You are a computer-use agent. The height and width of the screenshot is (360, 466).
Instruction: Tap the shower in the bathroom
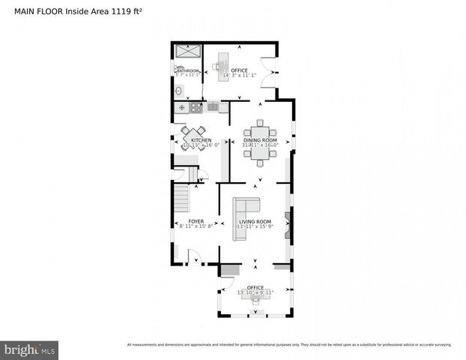pos(187,52)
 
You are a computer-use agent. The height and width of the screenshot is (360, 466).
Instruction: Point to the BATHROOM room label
pos(187,71)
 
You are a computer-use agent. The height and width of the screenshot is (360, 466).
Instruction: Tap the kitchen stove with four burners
pos(196,107)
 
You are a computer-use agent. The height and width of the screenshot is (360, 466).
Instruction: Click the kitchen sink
pos(213,107)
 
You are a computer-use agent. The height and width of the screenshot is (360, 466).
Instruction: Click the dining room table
pos(260,142)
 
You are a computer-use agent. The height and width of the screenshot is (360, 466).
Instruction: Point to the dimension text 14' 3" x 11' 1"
pos(240,76)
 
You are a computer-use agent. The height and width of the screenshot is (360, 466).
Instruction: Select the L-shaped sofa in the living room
pos(244,217)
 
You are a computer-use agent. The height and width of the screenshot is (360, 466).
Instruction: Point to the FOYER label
pos(196,222)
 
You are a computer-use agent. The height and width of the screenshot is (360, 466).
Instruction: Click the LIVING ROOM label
pos(255,222)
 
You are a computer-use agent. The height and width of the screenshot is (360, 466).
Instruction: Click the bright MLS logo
pos(30,349)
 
